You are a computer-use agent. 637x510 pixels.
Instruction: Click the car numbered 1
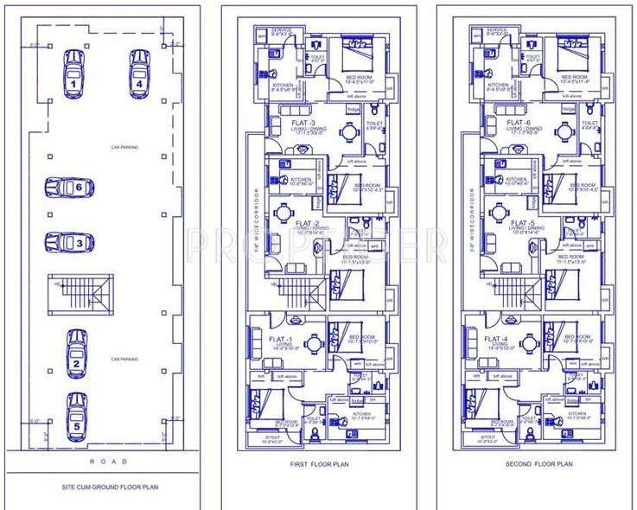tap(74, 73)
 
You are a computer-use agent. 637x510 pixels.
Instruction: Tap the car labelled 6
tap(70, 187)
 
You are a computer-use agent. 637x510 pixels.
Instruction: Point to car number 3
tap(70, 243)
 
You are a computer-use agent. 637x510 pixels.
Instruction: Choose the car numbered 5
tap(77, 413)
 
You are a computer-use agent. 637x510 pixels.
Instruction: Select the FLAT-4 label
tap(496, 339)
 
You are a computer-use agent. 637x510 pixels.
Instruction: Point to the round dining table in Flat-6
tap(566, 133)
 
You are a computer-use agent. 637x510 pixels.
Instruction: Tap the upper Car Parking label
tap(124, 147)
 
